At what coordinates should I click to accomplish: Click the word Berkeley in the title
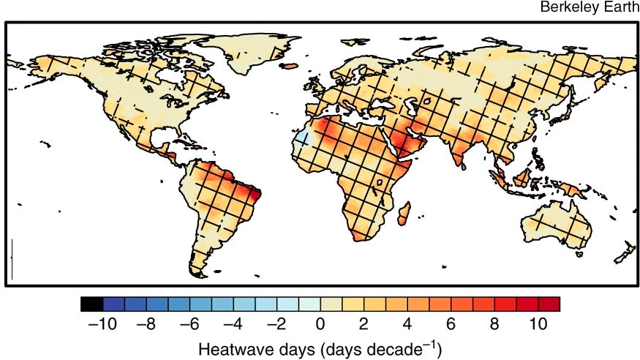[565, 7]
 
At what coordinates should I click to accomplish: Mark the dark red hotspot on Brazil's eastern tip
[256, 195]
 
